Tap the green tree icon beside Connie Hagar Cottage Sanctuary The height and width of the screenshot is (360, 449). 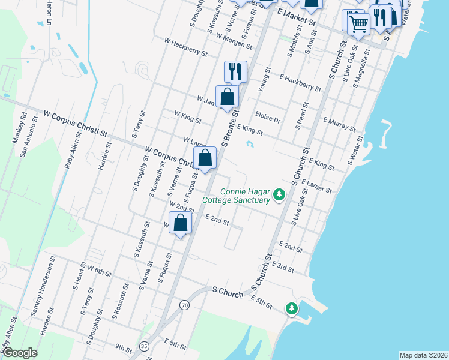(x=279, y=194)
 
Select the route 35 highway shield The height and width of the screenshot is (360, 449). (x=143, y=346)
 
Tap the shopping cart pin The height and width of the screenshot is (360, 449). (x=358, y=23)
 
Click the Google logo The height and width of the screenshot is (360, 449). (x=19, y=353)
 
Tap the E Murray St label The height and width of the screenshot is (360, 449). (x=340, y=124)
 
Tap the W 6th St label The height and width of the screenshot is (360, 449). (x=99, y=271)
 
